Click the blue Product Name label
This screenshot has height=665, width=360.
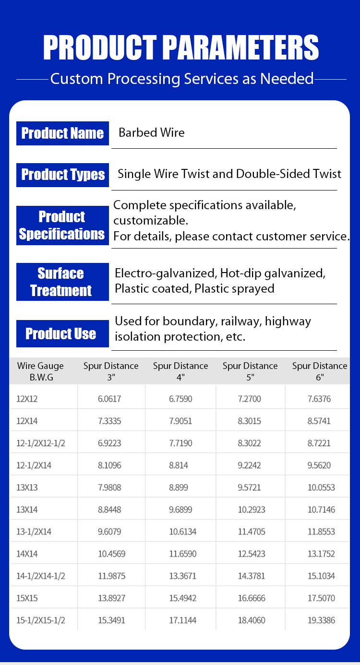(62, 133)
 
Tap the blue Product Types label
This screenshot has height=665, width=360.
(62, 174)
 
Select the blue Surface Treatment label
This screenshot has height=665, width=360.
(61, 282)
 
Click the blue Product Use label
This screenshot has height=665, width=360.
(61, 333)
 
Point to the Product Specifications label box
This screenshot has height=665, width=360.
(62, 226)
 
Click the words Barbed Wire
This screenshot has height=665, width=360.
(152, 133)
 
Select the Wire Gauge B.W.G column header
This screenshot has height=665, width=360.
(40, 371)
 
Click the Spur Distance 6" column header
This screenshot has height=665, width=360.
(320, 371)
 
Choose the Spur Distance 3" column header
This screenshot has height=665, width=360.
(111, 371)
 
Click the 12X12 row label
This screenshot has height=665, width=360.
(27, 399)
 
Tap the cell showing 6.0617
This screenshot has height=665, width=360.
(110, 399)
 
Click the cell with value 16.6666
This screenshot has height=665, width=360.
(251, 598)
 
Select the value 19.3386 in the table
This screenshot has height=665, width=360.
(322, 620)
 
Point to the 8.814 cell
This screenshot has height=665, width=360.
(179, 465)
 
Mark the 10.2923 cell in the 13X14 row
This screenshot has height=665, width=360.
(252, 510)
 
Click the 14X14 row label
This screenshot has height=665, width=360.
(27, 554)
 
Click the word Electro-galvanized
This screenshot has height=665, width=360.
(165, 273)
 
